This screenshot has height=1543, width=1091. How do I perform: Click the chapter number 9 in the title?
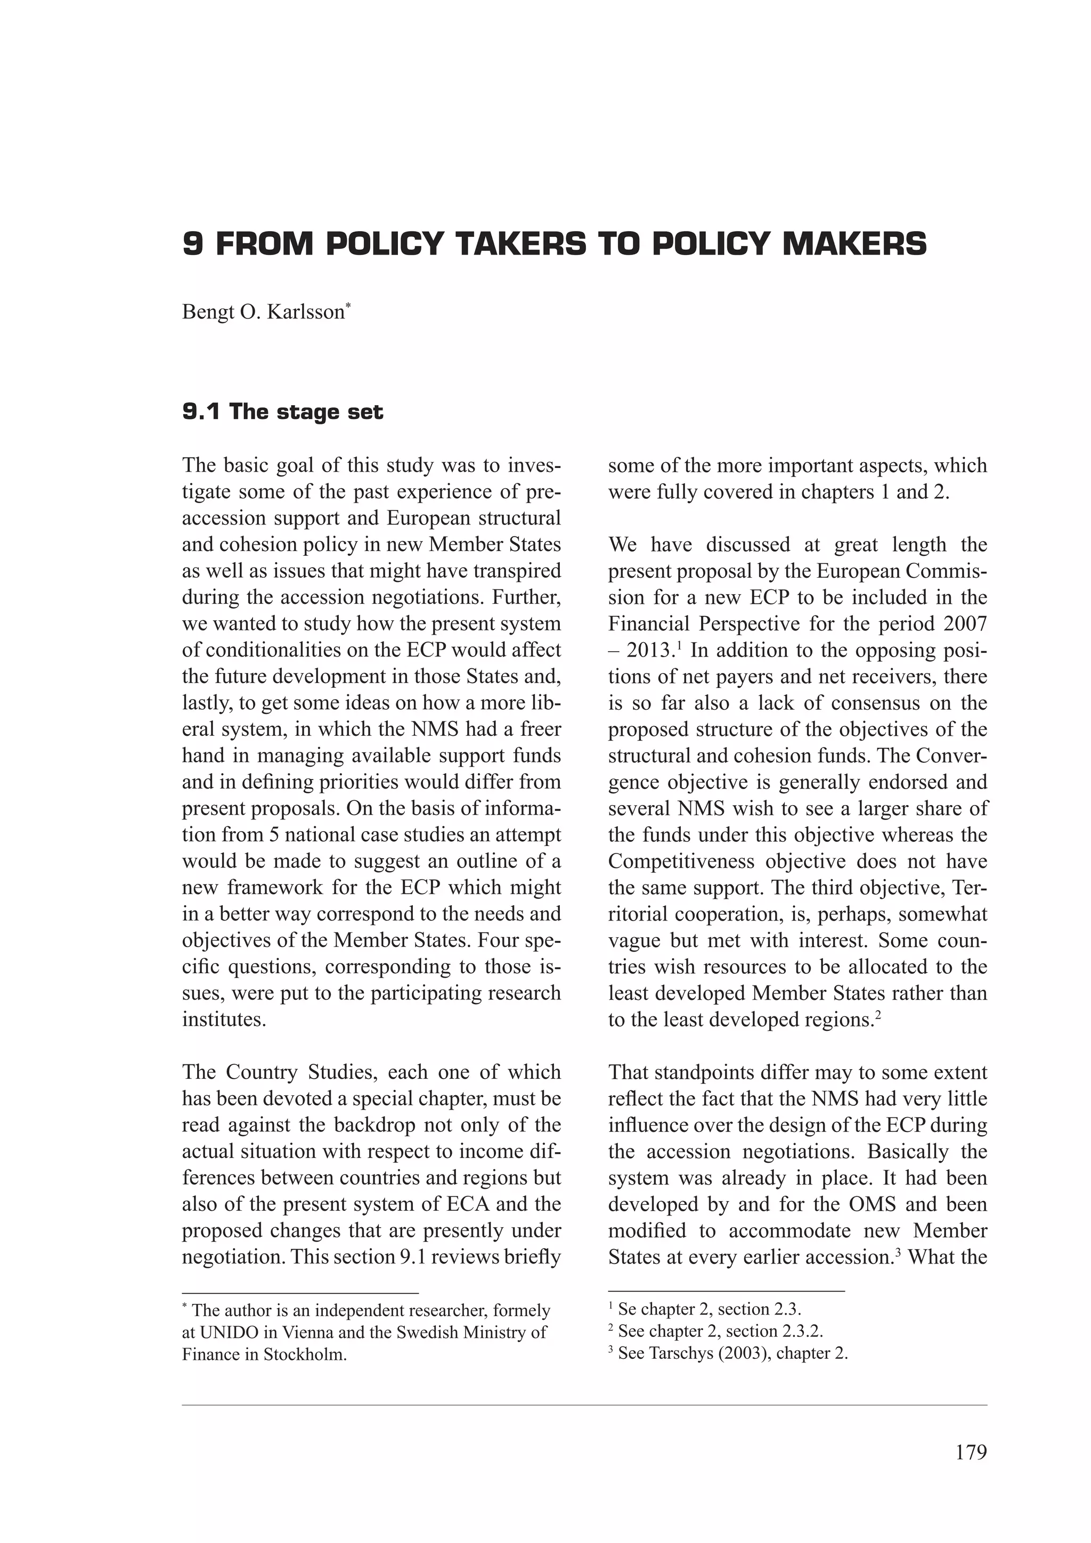pyautogui.click(x=192, y=244)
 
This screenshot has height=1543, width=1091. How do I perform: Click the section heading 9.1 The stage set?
pyautogui.click(x=282, y=412)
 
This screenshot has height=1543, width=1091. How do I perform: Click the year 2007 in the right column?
pyautogui.click(x=965, y=623)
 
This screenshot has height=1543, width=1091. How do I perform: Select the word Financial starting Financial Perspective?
pyautogui.click(x=649, y=623)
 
